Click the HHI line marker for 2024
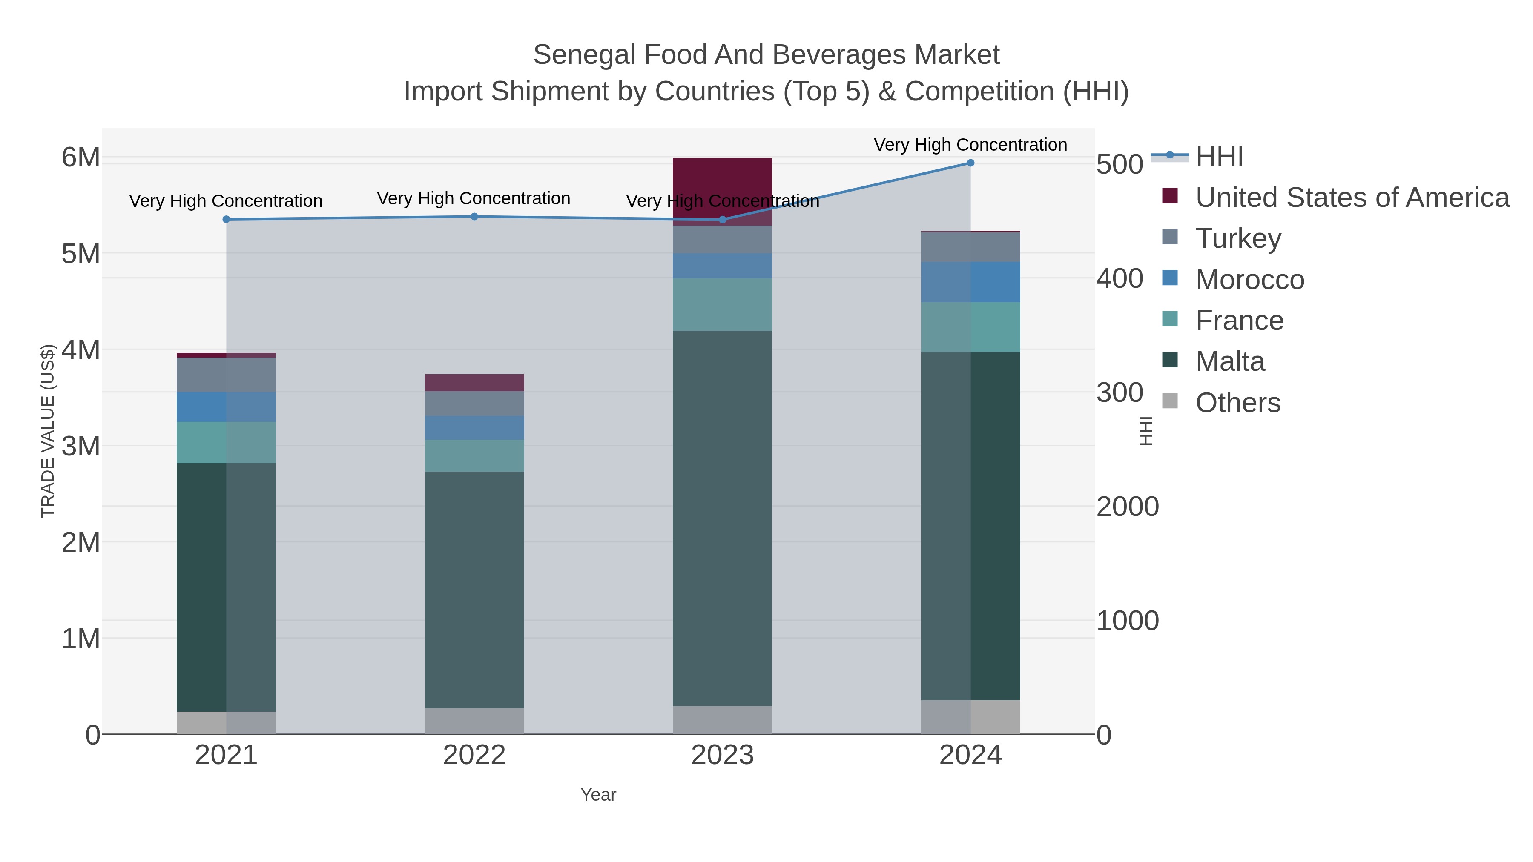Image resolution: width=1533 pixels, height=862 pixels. tap(970, 163)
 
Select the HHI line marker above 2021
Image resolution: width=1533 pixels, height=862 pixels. tap(226, 220)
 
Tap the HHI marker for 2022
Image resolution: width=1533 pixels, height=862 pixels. tap(474, 217)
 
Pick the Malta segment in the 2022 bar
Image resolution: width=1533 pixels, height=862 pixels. tap(474, 589)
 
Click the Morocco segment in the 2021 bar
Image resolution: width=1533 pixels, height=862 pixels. tap(226, 407)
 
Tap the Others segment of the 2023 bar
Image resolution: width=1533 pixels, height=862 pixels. tap(722, 720)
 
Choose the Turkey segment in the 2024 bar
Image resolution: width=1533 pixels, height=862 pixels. tap(970, 247)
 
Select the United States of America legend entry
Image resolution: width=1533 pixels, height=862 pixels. tap(1352, 198)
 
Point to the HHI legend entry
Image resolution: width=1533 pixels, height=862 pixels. tap(1219, 157)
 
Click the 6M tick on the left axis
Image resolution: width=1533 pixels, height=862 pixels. tap(81, 158)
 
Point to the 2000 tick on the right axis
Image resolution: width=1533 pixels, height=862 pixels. tap(1127, 507)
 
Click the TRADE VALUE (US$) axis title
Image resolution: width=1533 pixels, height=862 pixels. tap(48, 431)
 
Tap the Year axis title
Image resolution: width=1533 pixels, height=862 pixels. tap(598, 795)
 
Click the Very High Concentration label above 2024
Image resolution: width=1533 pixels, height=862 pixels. tap(970, 145)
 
